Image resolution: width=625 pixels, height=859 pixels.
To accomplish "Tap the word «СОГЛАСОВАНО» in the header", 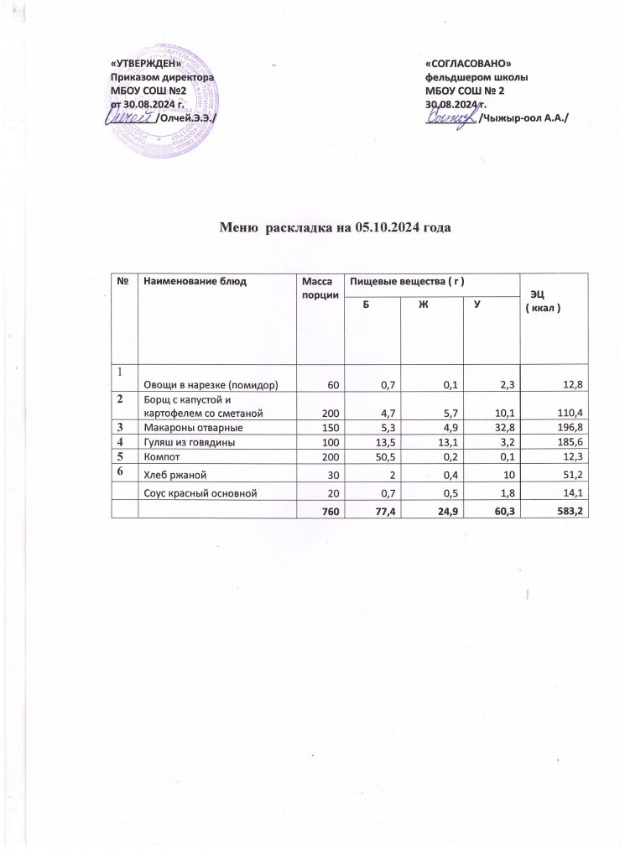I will click(x=468, y=65).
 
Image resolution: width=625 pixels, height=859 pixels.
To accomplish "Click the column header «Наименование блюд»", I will click(x=194, y=281).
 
